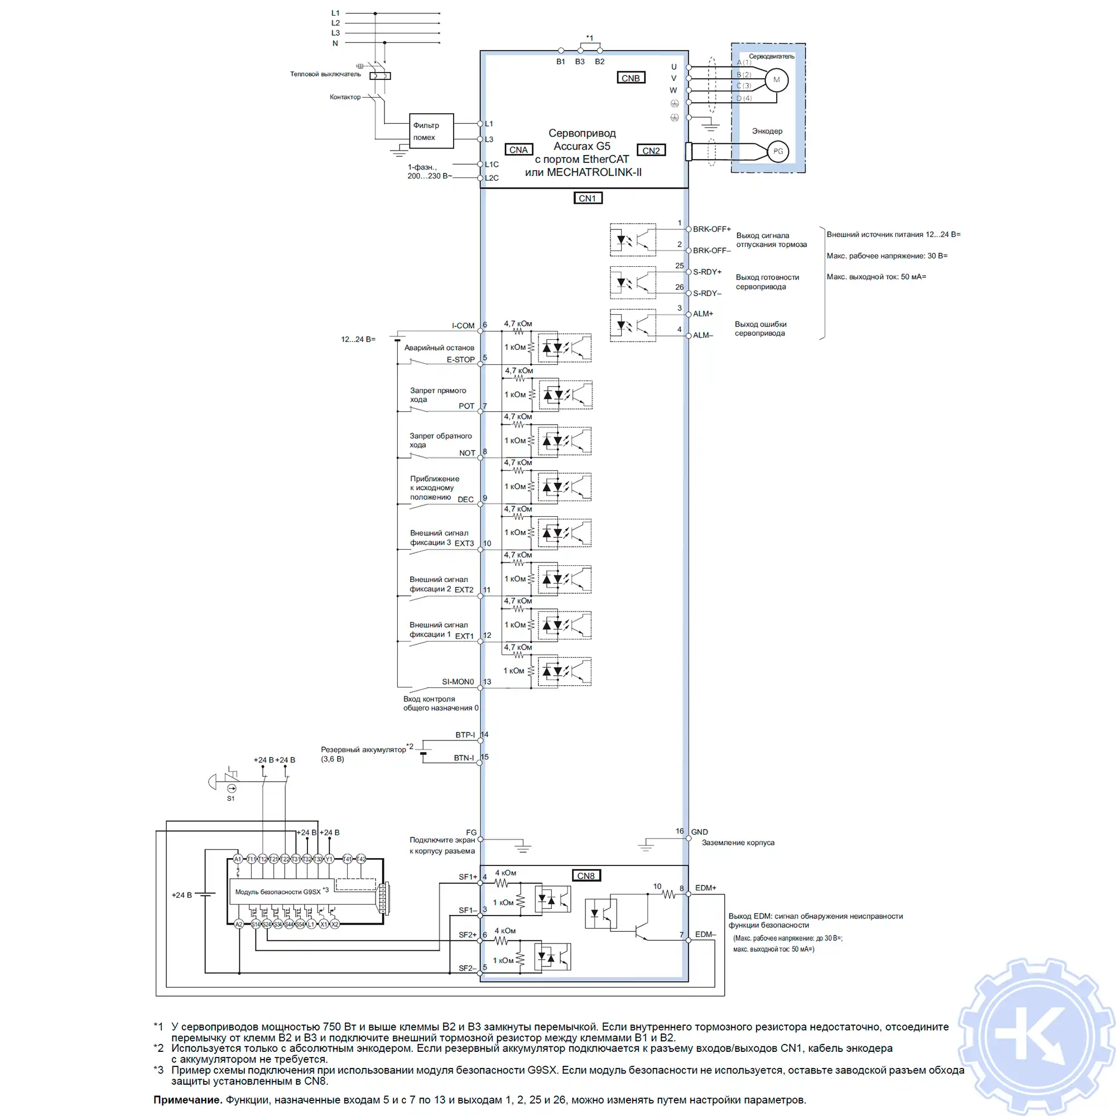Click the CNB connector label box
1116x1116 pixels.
(x=630, y=78)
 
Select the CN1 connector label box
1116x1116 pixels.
(x=587, y=198)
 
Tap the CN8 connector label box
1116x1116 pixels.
(x=586, y=876)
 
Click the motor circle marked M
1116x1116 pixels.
(x=776, y=80)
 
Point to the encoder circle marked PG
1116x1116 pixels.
(x=777, y=151)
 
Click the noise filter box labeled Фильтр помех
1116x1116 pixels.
(x=431, y=131)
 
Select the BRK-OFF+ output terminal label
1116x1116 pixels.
(x=711, y=229)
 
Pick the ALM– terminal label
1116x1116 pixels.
(x=703, y=335)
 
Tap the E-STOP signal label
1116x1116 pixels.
(x=460, y=359)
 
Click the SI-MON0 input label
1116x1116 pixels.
(x=458, y=682)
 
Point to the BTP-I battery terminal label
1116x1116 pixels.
(x=464, y=735)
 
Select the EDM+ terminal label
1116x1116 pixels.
(x=705, y=888)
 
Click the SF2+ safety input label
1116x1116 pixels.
(x=467, y=935)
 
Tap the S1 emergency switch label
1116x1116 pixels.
(x=230, y=798)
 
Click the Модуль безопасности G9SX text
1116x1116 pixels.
(x=278, y=892)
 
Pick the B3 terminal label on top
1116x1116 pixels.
(x=579, y=62)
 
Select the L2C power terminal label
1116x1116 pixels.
(x=492, y=178)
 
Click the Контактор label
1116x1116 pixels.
(x=345, y=97)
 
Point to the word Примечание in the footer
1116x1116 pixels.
(x=187, y=1100)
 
